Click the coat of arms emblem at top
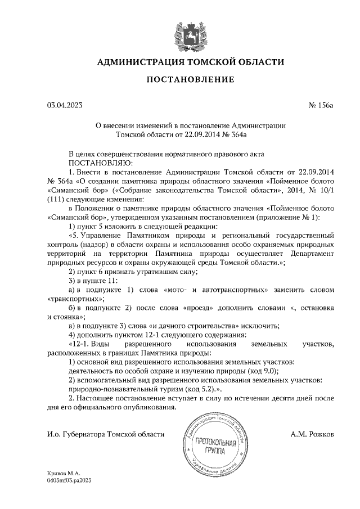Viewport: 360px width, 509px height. [190, 34]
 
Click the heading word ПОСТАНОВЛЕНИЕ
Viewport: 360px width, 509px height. [190, 80]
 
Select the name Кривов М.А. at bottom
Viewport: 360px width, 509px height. [64, 474]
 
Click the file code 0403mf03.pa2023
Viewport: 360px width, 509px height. [70, 481]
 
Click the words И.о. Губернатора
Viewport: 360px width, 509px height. [73, 434]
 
